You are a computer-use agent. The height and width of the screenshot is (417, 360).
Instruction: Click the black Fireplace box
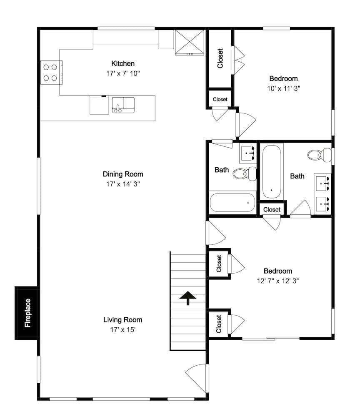tap(27, 313)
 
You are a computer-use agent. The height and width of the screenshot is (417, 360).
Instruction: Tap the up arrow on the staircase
tap(188, 298)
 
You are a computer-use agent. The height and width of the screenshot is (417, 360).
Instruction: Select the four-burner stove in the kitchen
tap(51, 72)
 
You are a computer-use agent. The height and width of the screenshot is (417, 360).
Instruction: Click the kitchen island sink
tap(123, 105)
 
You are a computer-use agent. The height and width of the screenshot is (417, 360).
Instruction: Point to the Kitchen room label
tap(123, 64)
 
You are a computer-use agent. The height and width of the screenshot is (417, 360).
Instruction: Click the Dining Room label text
tap(123, 174)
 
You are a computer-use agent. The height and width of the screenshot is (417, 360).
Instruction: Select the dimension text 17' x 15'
tap(123, 329)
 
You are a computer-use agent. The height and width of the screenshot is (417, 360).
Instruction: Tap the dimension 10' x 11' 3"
tap(283, 88)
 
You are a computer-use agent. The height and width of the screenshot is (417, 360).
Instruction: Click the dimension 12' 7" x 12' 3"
tap(277, 281)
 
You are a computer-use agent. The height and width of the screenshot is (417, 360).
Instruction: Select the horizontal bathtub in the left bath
tap(232, 203)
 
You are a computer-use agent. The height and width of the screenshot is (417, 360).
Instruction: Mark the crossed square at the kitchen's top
tap(189, 42)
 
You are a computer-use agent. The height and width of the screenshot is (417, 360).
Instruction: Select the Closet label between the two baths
tap(272, 209)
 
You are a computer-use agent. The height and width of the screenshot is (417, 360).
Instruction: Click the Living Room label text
tap(123, 320)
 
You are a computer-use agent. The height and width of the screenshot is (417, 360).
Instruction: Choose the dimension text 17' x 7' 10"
tap(123, 73)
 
